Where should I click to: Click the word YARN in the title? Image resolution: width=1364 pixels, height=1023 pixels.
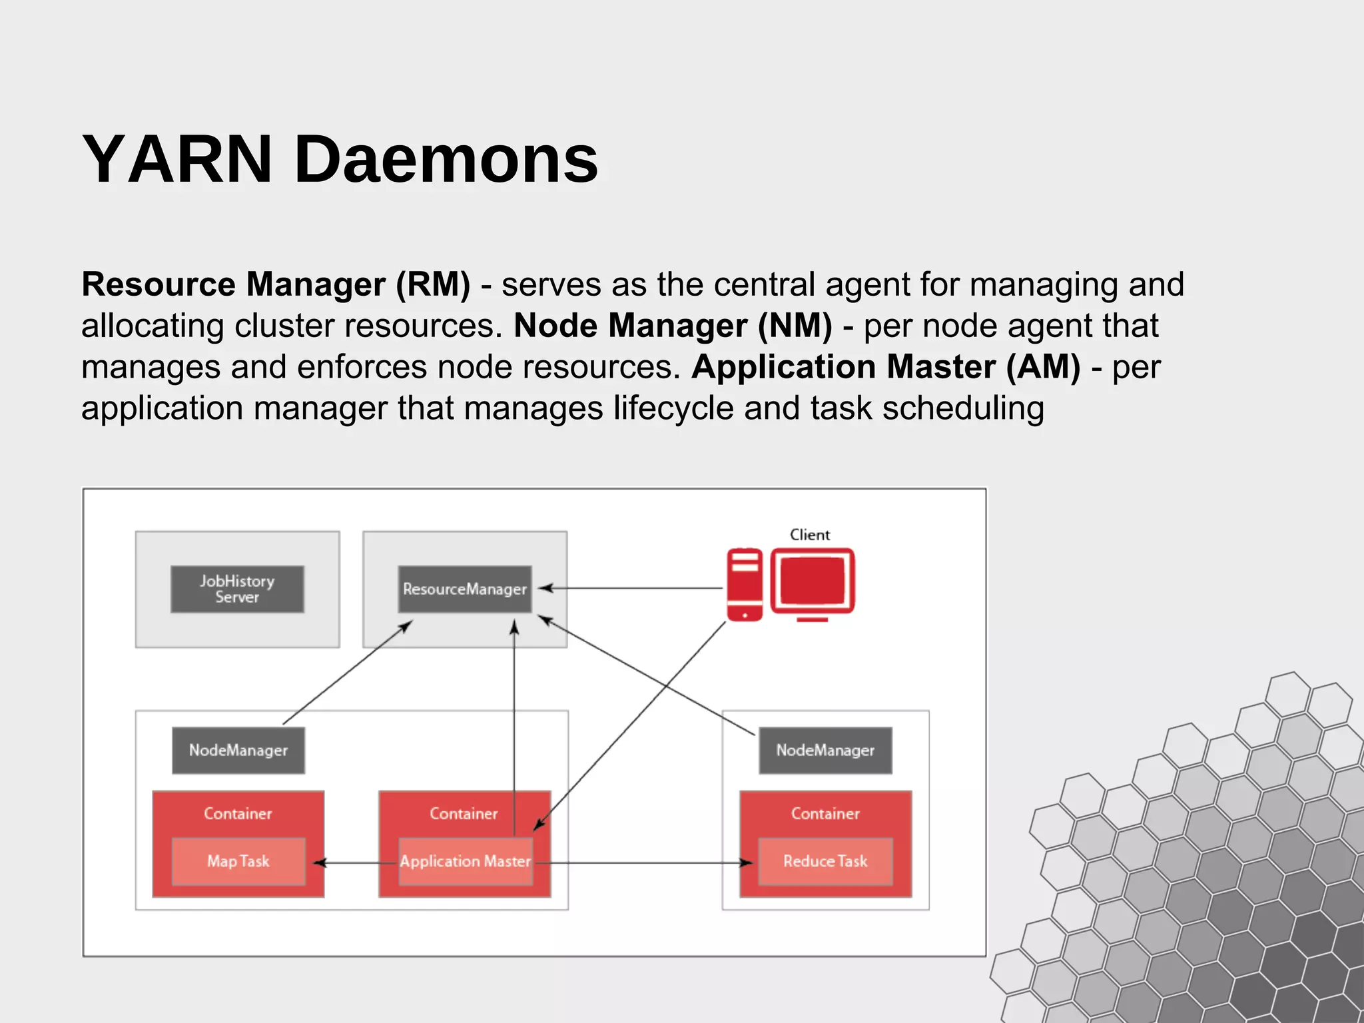[177, 160]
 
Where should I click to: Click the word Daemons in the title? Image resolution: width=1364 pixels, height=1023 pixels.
[446, 160]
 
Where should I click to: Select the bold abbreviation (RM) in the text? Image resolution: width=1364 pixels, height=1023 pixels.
[433, 284]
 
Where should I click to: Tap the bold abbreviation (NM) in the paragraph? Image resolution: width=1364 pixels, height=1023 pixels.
[795, 326]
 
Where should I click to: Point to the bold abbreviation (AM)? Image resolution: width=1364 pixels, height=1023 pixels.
[1043, 367]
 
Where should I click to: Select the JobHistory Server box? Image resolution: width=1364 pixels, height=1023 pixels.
[237, 589]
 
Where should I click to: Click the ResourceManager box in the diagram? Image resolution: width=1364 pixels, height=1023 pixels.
[464, 589]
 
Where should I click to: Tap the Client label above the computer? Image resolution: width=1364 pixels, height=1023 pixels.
[810, 535]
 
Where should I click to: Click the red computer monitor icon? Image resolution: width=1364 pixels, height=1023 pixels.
[813, 581]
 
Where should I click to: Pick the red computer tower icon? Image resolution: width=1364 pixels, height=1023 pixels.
[745, 585]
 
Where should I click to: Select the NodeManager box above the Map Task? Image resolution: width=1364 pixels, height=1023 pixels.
[238, 751]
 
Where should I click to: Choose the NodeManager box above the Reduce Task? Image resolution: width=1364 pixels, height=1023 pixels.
[825, 751]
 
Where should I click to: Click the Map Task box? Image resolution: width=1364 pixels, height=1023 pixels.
[238, 861]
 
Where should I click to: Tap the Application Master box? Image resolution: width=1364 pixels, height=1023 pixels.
[466, 861]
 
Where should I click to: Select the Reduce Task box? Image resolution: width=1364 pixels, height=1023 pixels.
[825, 861]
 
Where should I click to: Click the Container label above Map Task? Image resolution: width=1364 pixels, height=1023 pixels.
[238, 814]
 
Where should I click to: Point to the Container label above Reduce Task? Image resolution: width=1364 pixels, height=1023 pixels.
[825, 814]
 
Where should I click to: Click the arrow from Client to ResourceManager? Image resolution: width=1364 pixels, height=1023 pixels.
[633, 588]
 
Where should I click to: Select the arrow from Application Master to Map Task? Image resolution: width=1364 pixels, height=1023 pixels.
[353, 863]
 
